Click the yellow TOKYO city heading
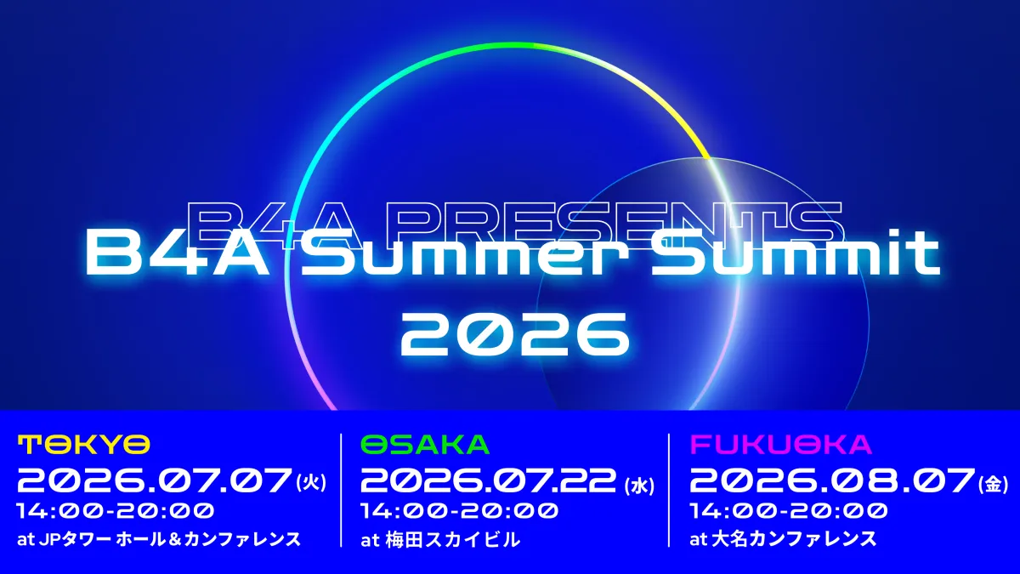tap(84, 445)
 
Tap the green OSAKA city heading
tap(425, 445)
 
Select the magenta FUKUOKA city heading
tap(780, 445)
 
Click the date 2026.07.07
tap(155, 480)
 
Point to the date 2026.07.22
tap(491, 480)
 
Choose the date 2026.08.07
tap(832, 480)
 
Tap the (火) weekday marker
tap(311, 484)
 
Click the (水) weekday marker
tap(639, 486)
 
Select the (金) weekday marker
tap(993, 484)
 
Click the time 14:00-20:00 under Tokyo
tap(116, 511)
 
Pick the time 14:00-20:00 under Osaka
tap(460, 511)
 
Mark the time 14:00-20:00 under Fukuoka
tap(789, 511)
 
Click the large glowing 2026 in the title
tap(514, 335)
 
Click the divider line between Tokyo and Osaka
tap(341, 490)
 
